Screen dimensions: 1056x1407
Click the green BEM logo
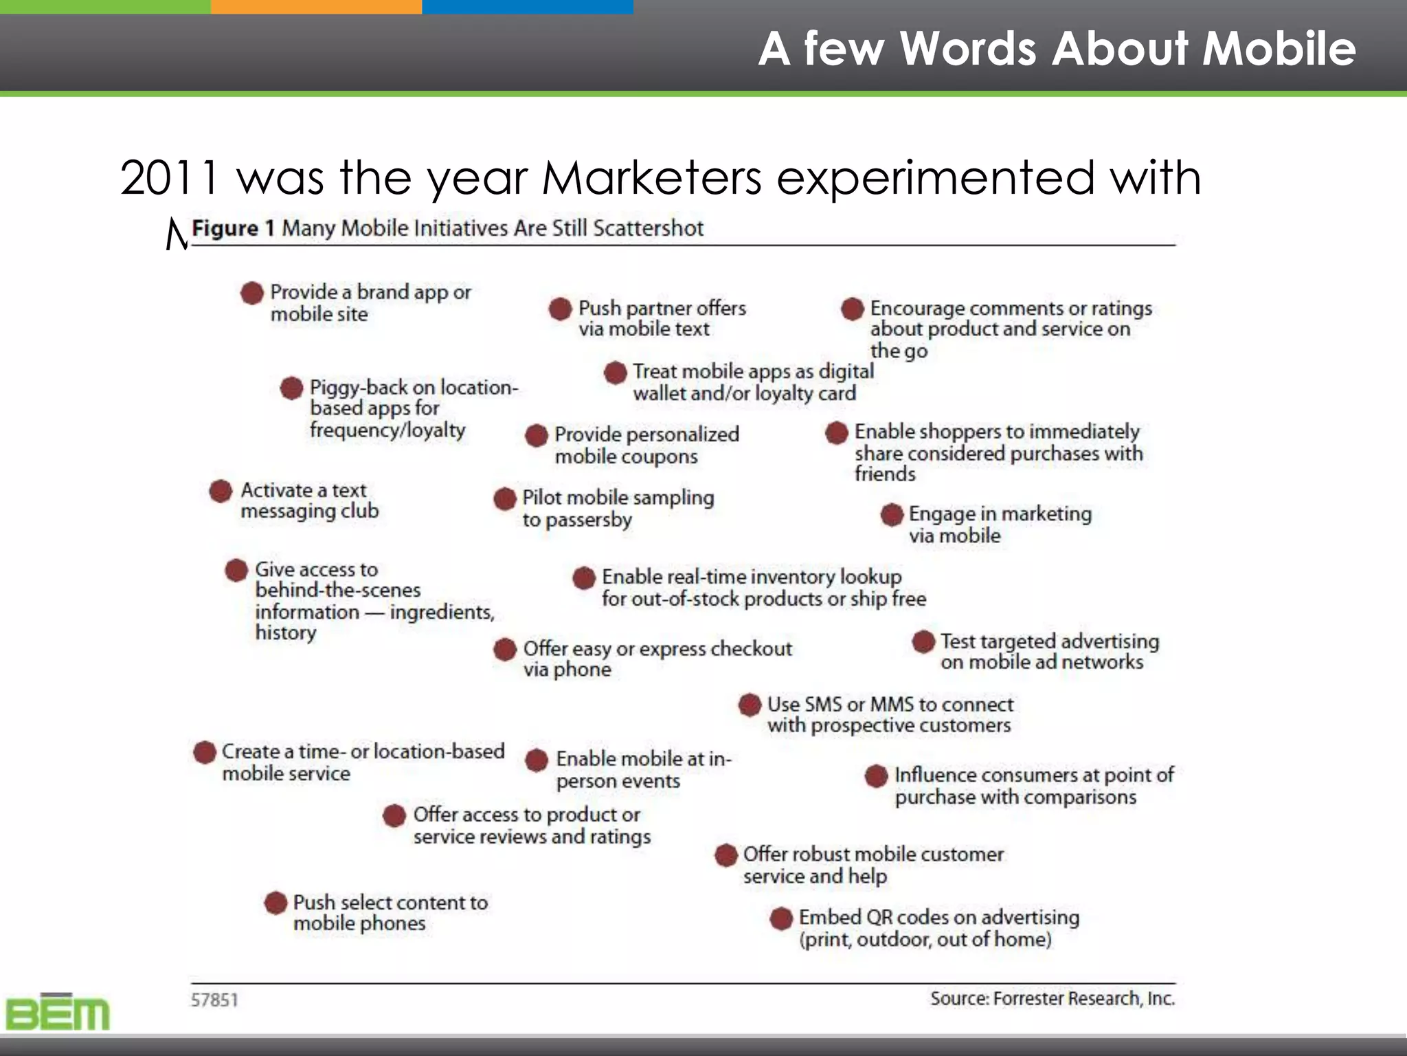coord(58,1013)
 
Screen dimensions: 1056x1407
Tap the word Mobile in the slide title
coord(1279,49)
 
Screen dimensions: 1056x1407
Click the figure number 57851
coord(214,1000)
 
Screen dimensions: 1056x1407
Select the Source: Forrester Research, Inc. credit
coord(1052,998)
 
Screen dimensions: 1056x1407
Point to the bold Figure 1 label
coord(234,228)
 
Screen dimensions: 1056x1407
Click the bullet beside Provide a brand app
coord(252,293)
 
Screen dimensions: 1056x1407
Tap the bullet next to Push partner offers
coord(561,309)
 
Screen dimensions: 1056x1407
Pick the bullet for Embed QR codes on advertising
coord(781,918)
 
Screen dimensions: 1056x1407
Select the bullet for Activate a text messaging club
coord(221,491)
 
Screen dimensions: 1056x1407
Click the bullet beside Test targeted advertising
coord(923,641)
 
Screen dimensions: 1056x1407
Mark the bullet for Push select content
coord(275,903)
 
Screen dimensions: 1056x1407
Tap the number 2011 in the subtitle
coord(169,177)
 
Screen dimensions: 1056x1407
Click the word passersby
coord(588,520)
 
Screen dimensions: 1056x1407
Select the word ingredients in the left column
coord(442,612)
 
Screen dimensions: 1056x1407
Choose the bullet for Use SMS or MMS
coord(750,705)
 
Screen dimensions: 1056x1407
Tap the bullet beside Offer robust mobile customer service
coord(726,855)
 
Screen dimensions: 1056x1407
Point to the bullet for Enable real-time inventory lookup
coord(584,577)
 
